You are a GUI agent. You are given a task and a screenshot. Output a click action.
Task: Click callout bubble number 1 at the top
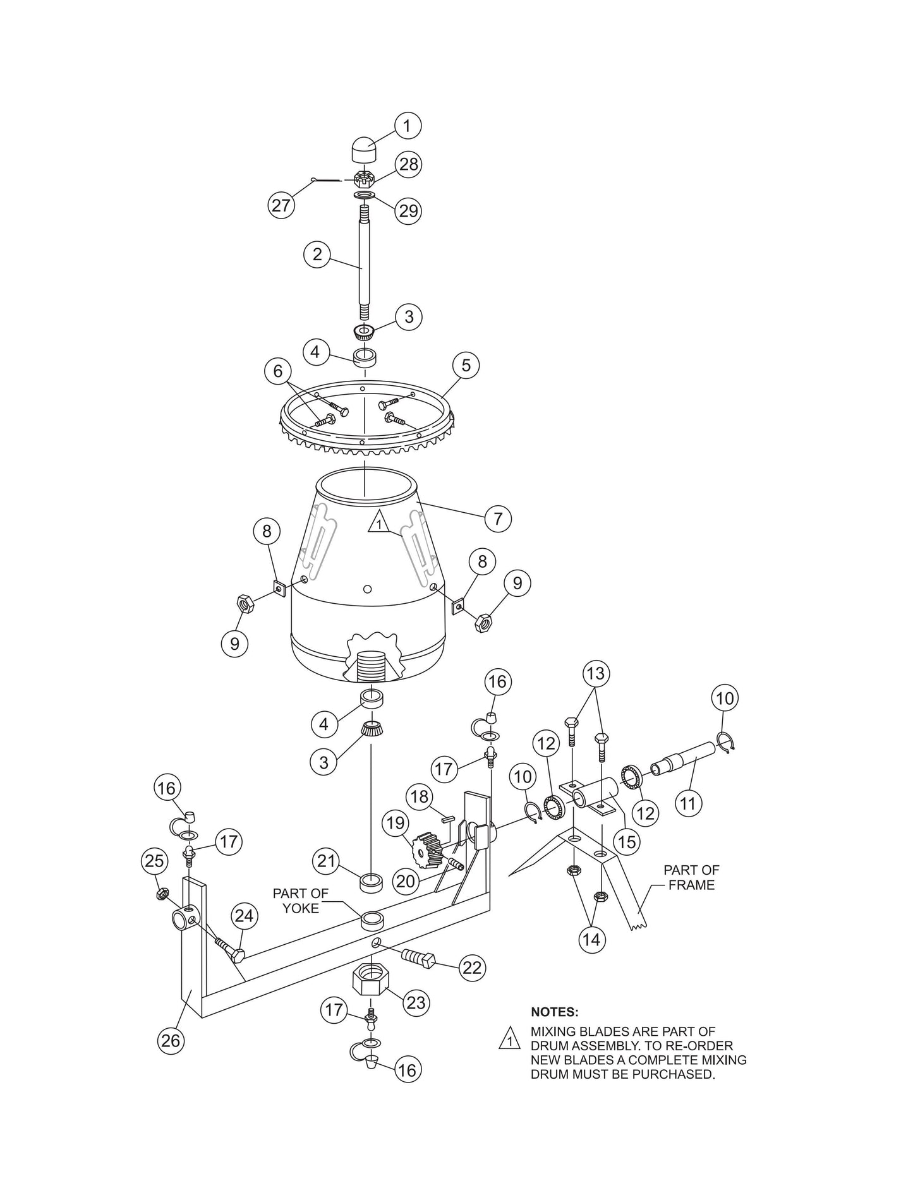click(408, 126)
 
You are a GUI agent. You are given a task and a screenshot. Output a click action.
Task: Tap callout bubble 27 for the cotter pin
click(281, 205)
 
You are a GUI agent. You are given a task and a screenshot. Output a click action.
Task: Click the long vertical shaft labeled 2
click(364, 265)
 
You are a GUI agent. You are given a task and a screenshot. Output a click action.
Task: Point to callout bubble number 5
click(466, 366)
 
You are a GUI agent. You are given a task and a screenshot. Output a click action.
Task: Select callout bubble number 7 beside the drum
click(497, 519)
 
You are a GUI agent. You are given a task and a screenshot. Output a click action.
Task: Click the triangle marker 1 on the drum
click(378, 523)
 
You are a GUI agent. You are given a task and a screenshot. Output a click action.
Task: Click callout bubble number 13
click(595, 674)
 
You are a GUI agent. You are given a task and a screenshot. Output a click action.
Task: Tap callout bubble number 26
click(171, 1040)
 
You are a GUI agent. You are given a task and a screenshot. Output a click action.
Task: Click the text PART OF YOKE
click(301, 901)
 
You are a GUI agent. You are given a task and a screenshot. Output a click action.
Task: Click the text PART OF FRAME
click(691, 877)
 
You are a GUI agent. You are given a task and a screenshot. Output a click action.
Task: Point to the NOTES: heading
click(554, 1012)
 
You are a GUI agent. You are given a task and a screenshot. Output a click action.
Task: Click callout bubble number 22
click(472, 968)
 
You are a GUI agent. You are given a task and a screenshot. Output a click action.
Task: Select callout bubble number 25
click(155, 861)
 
